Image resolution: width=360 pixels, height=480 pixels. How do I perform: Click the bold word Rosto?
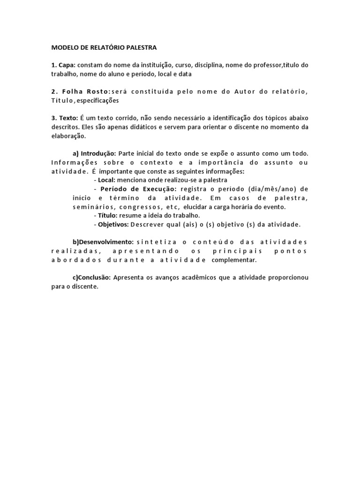[97, 91]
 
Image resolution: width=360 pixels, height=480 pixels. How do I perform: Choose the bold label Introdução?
[98, 153]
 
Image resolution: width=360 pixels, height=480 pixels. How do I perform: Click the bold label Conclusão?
[94, 277]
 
